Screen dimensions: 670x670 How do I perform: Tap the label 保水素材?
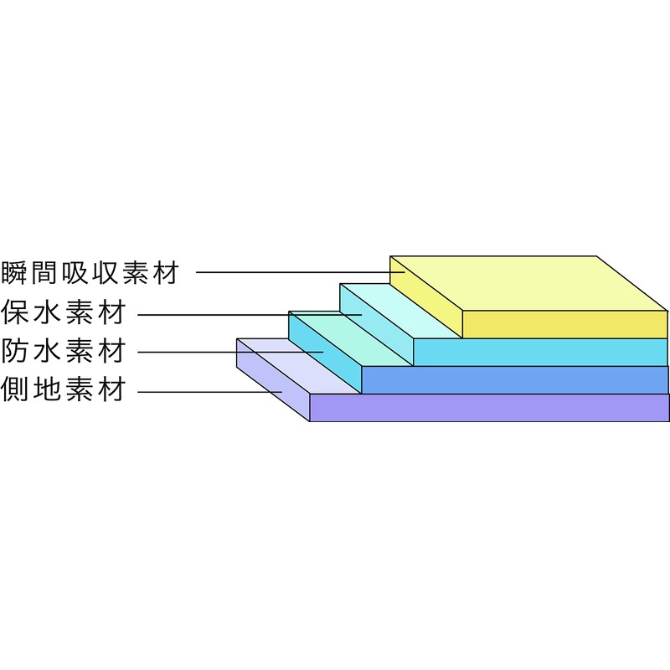click(x=64, y=312)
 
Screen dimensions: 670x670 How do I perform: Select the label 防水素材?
click(x=64, y=351)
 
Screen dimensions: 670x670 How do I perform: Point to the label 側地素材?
click(x=64, y=389)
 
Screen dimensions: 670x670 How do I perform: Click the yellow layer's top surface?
click(x=529, y=283)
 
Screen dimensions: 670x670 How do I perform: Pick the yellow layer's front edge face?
click(x=564, y=324)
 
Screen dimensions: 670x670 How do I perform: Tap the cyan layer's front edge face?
click(x=540, y=352)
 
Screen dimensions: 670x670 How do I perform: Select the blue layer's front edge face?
click(x=515, y=380)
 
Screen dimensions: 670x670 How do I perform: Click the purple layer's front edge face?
click(x=489, y=408)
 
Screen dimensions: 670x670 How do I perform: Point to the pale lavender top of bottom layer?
click(x=299, y=366)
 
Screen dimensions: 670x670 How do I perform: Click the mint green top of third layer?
click(x=351, y=338)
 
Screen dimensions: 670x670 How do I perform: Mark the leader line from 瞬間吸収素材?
click(x=301, y=271)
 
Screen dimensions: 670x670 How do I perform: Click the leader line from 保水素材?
click(x=250, y=315)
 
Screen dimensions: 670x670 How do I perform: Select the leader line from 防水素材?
click(x=230, y=352)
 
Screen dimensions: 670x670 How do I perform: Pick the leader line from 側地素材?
click(x=210, y=391)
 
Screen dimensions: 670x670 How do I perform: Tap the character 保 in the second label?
click(x=14, y=312)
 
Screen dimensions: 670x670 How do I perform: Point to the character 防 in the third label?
click(x=14, y=351)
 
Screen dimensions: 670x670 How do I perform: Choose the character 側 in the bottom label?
click(x=14, y=389)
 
